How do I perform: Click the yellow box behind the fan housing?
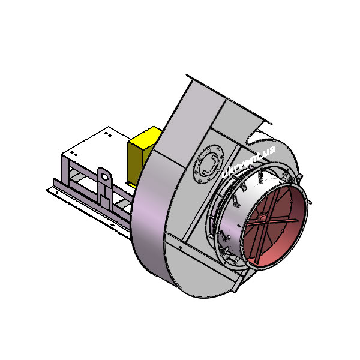pos(143,156)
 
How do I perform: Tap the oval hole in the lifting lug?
pos(104,176)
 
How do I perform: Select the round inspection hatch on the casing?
pos(208,164)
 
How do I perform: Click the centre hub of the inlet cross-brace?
pos(264,219)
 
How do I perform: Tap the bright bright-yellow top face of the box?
pos(146,136)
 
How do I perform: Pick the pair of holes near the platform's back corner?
pos(107,134)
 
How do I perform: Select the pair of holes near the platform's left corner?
pos(74,154)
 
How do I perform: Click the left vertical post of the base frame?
pos(65,170)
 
